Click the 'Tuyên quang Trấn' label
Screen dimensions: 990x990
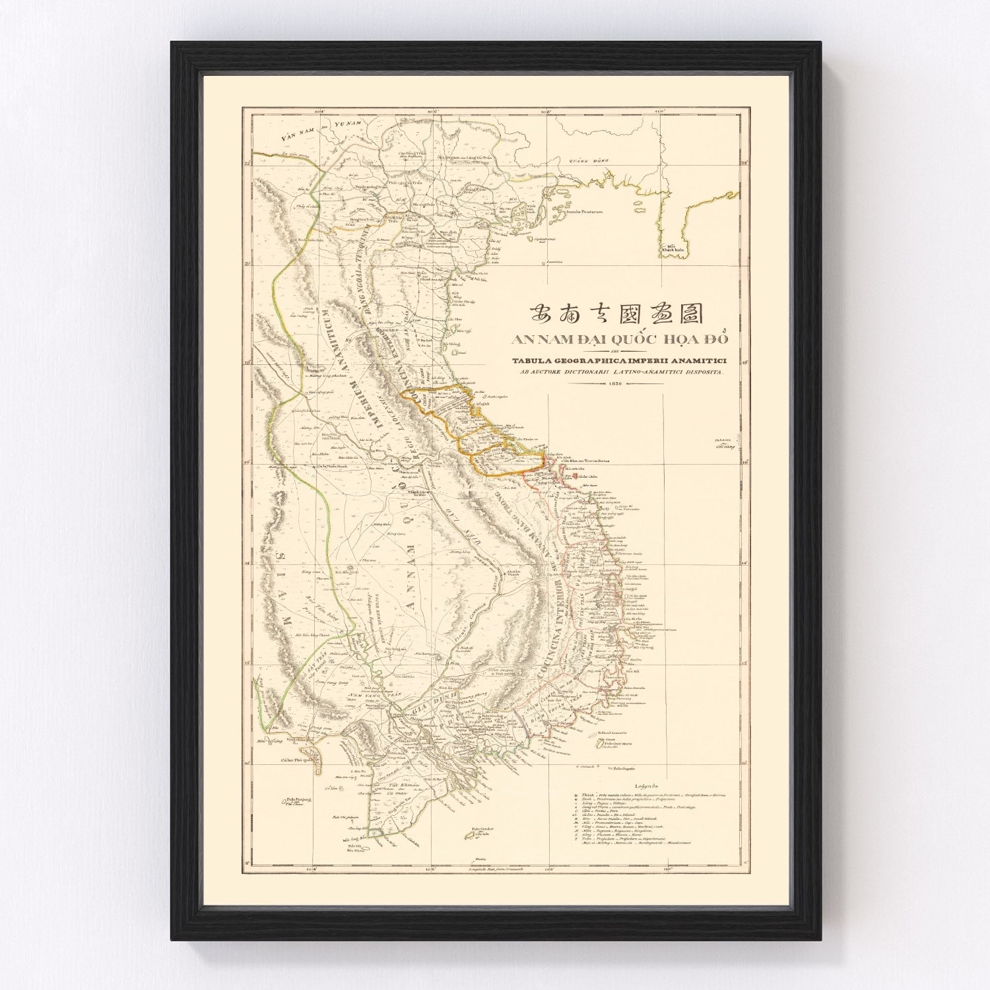pos(370,187)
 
